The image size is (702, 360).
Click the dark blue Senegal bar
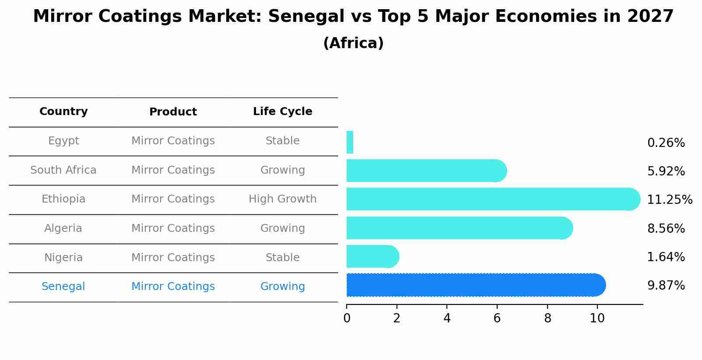[x=475, y=285]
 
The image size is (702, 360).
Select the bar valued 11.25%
[x=492, y=199]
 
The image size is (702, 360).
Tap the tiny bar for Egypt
[x=350, y=142]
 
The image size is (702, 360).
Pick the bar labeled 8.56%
[x=459, y=228]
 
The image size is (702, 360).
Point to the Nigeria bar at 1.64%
[x=372, y=256]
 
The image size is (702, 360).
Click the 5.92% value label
[x=666, y=171]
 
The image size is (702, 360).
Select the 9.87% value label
[x=666, y=286]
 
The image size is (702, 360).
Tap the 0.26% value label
[x=666, y=143]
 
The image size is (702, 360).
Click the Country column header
[x=63, y=112]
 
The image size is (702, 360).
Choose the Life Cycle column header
[x=282, y=112]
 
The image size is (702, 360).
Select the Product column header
[x=173, y=112]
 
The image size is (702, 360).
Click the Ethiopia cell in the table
[x=63, y=199]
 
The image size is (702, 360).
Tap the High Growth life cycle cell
[x=282, y=199]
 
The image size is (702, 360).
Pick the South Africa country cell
[x=63, y=170]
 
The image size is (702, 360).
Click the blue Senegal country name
[x=63, y=287]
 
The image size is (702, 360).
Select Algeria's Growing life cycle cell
[x=282, y=228]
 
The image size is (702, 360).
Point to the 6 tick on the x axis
[x=497, y=318]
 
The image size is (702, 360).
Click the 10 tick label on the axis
[x=597, y=318]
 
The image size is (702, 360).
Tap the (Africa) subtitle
[x=353, y=43]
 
